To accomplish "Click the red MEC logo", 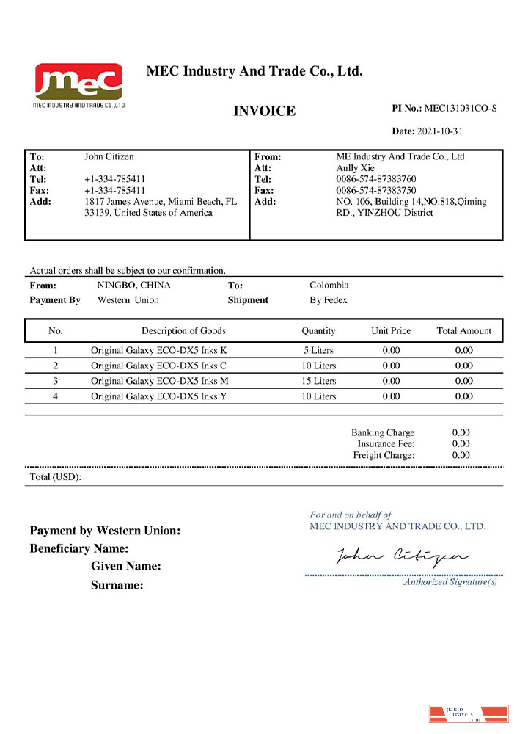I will point(78,82).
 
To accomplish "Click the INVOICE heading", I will point(264,112).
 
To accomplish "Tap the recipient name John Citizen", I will point(109,156).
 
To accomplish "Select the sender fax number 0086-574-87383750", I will point(376,190).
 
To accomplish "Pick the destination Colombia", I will point(329,286).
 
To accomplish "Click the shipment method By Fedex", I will point(329,300).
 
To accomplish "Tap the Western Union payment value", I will point(128,300).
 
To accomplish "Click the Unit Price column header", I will point(391,331).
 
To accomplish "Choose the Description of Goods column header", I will point(183,331).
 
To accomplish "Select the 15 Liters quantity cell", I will point(319,381).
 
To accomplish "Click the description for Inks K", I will point(158,350).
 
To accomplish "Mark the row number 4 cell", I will point(55,396).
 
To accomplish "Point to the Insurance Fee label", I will point(386,444).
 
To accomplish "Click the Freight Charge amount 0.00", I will point(461,455).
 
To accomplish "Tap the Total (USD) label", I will point(55,477).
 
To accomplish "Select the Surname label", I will point(117,586).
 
